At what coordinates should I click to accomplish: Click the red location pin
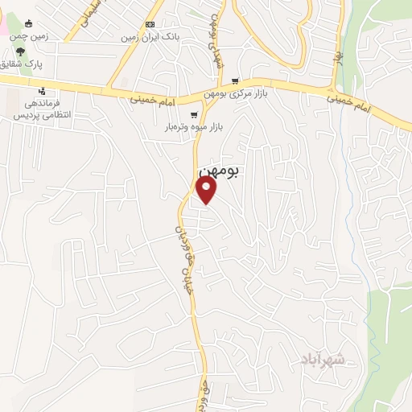tap(207, 189)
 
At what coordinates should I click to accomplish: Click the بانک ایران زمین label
tap(149, 36)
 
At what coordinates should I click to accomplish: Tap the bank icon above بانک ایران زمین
tap(149, 24)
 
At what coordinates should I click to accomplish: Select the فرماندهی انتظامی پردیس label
tap(43, 109)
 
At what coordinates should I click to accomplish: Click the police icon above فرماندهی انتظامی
tap(42, 91)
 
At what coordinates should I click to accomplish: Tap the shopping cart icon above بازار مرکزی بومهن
tap(235, 81)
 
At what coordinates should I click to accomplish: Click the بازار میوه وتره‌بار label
tap(193, 127)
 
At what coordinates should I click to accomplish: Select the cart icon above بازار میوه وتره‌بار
tap(194, 115)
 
